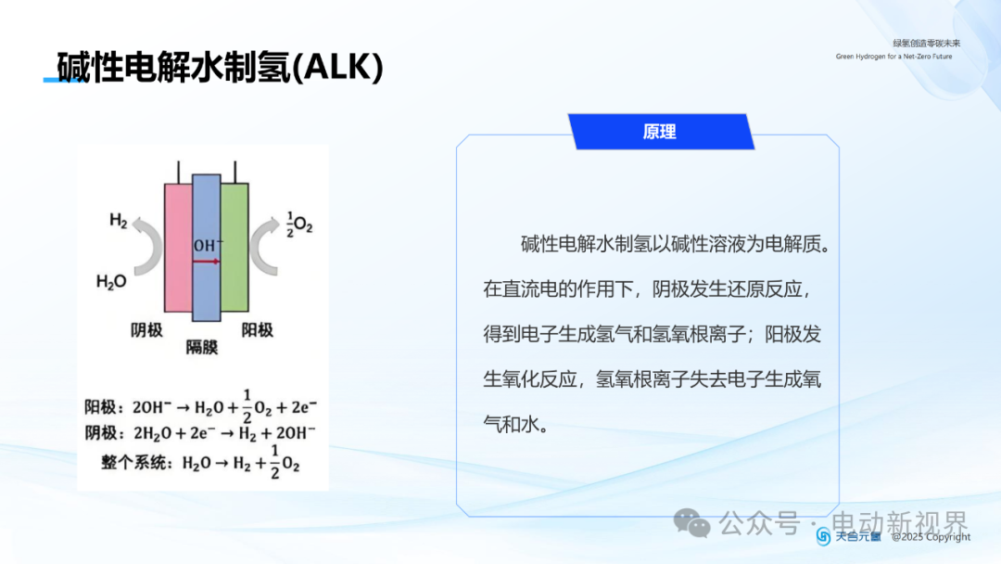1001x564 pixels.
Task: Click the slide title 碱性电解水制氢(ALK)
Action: (221, 67)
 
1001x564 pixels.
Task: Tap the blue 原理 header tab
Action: (661, 132)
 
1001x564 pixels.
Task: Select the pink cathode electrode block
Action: (178, 248)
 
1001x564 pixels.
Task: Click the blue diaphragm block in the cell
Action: (206, 248)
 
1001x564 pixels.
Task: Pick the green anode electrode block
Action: (234, 248)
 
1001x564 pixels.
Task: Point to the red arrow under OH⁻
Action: (206, 262)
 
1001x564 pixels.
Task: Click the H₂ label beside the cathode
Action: (118, 221)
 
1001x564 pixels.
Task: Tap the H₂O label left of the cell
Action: (111, 282)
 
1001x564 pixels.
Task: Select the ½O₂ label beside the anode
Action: (299, 224)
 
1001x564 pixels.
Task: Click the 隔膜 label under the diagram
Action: (202, 347)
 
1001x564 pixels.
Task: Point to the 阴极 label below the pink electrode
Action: (146, 329)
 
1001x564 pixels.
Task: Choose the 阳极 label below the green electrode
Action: (258, 329)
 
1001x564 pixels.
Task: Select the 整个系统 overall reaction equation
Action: (200, 462)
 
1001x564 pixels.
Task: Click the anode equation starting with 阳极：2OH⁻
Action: (201, 406)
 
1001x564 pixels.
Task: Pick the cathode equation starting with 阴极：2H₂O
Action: (200, 433)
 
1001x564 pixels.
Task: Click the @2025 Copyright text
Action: (931, 537)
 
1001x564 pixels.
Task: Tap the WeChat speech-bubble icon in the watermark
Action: (692, 523)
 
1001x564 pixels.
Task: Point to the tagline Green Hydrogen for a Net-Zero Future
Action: (893, 57)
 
